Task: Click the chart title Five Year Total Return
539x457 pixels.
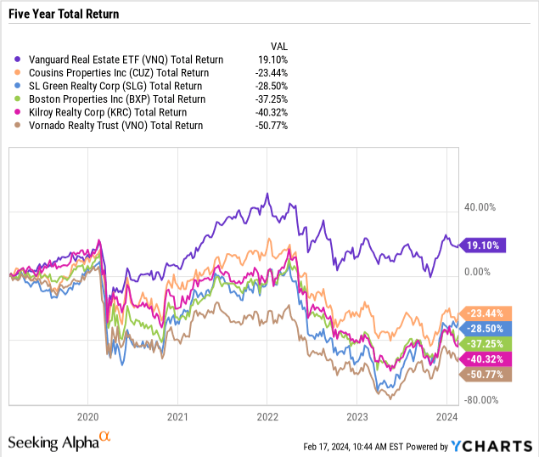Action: coord(65,14)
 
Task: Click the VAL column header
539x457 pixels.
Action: coord(279,47)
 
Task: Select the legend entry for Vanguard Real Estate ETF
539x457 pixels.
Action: coord(124,59)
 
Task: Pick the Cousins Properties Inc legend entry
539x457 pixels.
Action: coord(118,73)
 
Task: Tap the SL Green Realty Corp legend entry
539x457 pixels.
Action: coord(115,86)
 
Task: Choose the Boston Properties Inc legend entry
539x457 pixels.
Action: coord(116,99)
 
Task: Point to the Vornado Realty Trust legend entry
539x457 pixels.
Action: coord(116,126)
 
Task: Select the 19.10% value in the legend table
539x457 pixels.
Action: coord(274,59)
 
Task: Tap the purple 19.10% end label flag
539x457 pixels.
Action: coord(482,245)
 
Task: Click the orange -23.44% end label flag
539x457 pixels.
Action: coord(482,313)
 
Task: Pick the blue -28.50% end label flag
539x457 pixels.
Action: coord(482,328)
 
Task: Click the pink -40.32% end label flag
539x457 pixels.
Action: coord(482,357)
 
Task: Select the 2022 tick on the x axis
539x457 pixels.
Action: coord(267,417)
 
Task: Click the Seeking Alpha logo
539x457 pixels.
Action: coord(59,442)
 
